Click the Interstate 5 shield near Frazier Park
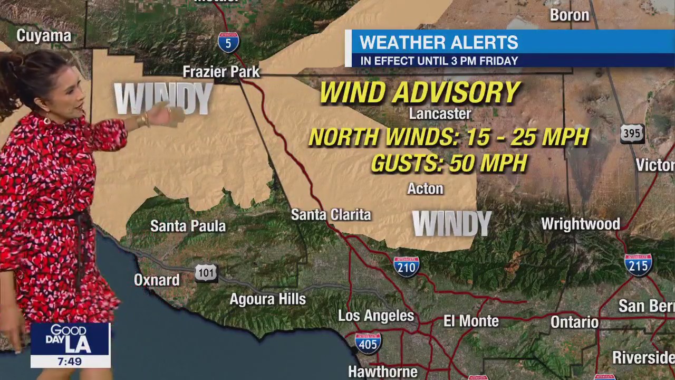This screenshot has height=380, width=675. (x=228, y=42)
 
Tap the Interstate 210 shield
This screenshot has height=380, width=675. (x=406, y=267)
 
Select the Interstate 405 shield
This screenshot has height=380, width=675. (x=368, y=343)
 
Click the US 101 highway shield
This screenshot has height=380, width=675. (x=206, y=273)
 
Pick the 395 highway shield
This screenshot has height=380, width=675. (x=632, y=134)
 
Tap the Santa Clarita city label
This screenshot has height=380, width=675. (x=331, y=215)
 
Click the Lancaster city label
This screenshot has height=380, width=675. (x=440, y=113)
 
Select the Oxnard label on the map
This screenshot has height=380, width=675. (x=157, y=280)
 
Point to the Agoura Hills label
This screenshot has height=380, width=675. (x=267, y=299)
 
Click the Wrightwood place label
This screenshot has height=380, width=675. (x=580, y=224)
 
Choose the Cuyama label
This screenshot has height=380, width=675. (x=44, y=36)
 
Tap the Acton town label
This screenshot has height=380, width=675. (x=425, y=189)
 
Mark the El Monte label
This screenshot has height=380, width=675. (x=471, y=321)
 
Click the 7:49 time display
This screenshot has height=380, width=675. (x=70, y=362)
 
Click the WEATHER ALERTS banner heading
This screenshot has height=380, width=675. (x=439, y=42)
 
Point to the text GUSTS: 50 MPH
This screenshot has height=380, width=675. (x=449, y=164)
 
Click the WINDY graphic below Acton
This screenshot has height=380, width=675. (x=451, y=224)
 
